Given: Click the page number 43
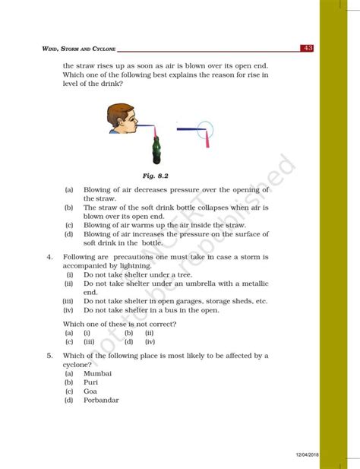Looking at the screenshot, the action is pos(308,49).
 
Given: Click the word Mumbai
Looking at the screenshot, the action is pos(97,373).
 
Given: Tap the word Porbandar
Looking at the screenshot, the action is pos(101,401).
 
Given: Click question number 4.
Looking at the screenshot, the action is pos(49,257).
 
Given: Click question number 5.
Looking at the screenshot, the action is pos(49,355).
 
